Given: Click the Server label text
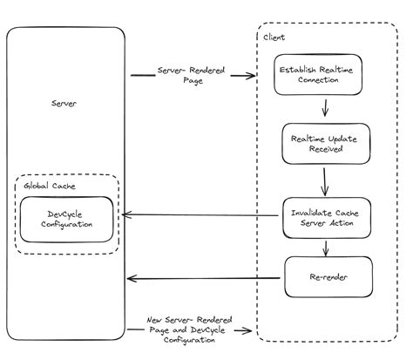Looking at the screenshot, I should (x=64, y=103).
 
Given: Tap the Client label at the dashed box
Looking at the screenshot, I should (x=273, y=38).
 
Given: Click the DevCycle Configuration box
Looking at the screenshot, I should (x=66, y=219).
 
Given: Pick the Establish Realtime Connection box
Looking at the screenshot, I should (x=317, y=74).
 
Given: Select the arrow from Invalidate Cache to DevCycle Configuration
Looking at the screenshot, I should (x=200, y=214).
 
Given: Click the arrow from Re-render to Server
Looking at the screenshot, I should (x=205, y=279).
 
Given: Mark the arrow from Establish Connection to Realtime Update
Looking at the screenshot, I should (x=324, y=108).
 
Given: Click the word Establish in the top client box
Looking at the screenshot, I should (x=295, y=69).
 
